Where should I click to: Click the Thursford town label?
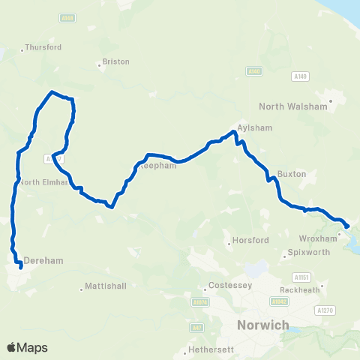point(43,47)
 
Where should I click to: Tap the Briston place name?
point(115,61)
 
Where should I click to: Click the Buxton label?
point(292,173)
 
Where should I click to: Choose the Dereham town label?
point(42,260)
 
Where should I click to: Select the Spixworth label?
point(309,253)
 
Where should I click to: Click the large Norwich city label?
point(262,325)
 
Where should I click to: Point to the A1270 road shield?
point(324,310)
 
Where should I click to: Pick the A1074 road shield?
point(199,302)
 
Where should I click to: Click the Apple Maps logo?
point(27,348)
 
